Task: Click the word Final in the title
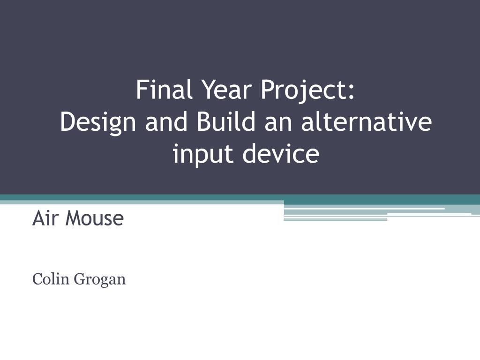click(x=165, y=90)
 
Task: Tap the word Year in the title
click(x=227, y=90)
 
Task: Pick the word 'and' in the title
click(x=166, y=121)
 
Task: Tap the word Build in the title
click(x=226, y=121)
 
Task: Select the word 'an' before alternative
click(x=278, y=124)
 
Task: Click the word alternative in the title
click(x=367, y=121)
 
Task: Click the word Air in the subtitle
click(x=44, y=217)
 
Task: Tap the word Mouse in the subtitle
click(x=95, y=217)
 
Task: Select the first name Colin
click(x=51, y=278)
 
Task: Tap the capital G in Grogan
click(x=80, y=278)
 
